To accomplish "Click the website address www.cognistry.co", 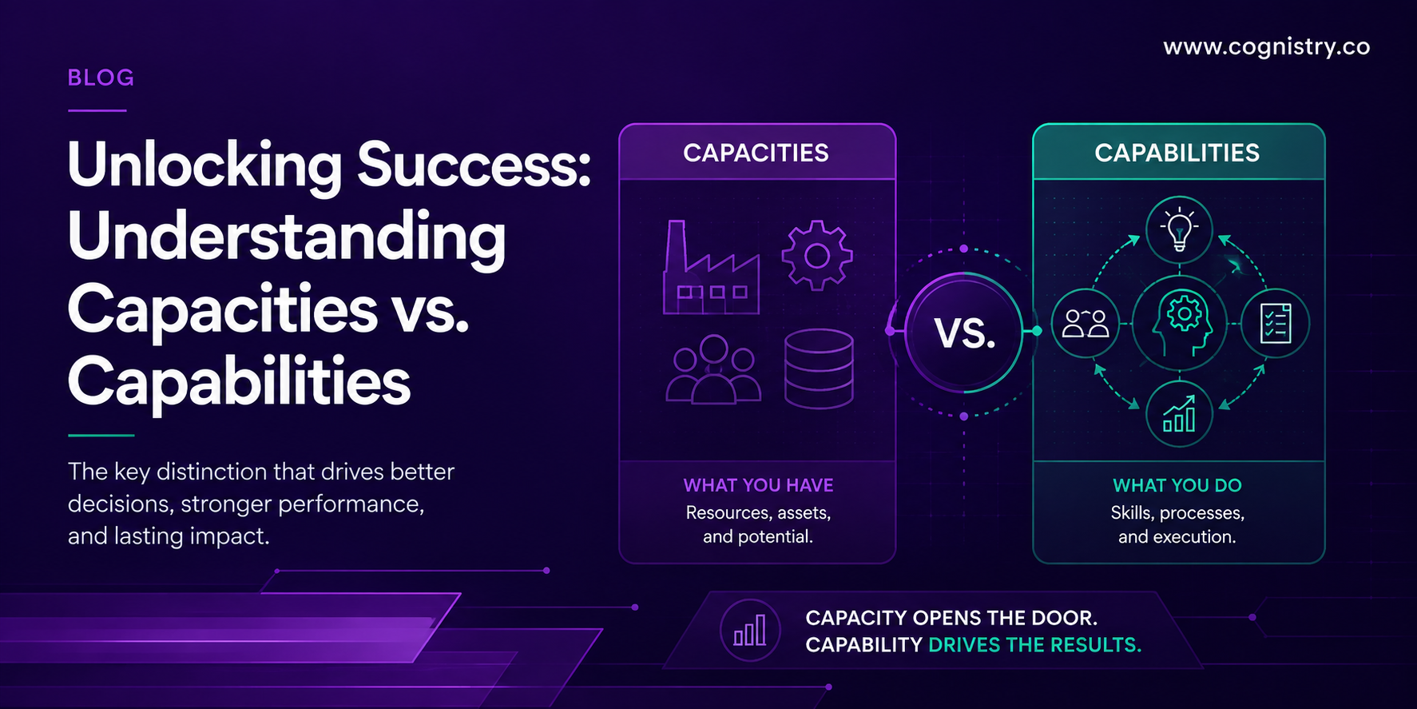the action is click(x=1266, y=48).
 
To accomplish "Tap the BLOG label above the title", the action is click(x=101, y=78).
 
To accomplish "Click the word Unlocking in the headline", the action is click(x=205, y=166).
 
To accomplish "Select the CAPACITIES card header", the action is click(x=756, y=153).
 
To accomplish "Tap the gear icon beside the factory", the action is click(x=817, y=256).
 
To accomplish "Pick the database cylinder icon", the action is click(x=819, y=368).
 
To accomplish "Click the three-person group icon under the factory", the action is click(x=713, y=368).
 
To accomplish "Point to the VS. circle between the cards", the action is click(x=964, y=333).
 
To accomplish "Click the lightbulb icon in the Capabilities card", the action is click(x=1179, y=230).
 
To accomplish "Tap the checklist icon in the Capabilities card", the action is click(x=1276, y=323).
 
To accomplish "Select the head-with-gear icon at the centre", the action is click(x=1180, y=323).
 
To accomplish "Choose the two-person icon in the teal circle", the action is click(x=1085, y=323).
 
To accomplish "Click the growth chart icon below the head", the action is click(x=1179, y=414).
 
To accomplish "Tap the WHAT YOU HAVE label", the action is click(x=758, y=485).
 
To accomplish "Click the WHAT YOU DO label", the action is click(x=1177, y=485).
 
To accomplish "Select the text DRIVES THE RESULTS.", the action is click(x=1035, y=645).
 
